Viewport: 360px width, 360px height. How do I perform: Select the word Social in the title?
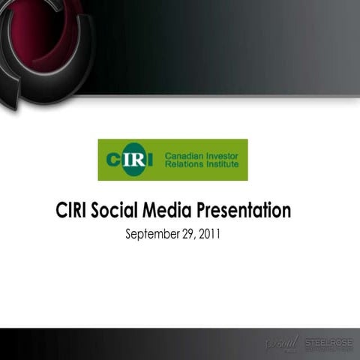click(116, 210)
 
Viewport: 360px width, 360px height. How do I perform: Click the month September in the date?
click(151, 235)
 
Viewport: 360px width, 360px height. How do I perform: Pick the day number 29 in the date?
click(187, 235)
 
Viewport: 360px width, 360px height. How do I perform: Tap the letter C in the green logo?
click(113, 160)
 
